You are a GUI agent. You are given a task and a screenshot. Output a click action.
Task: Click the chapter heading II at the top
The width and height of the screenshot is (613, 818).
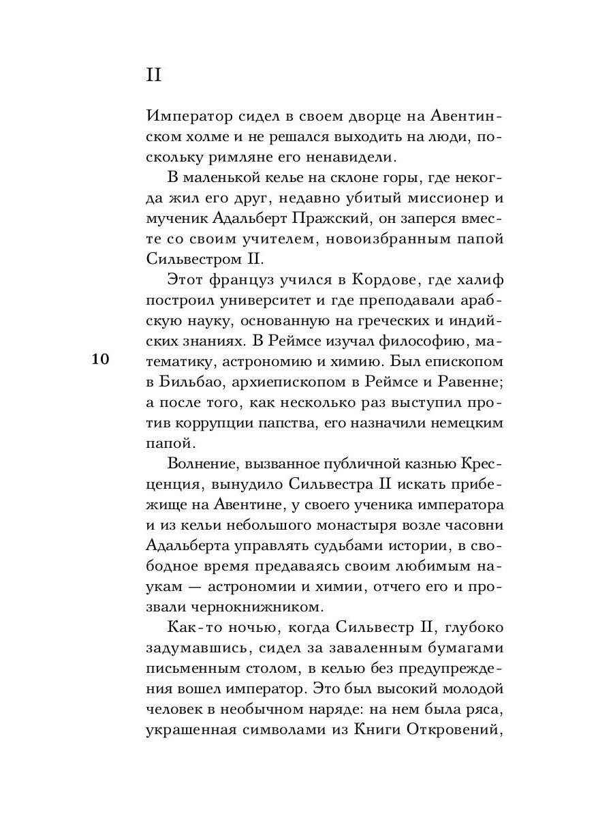pos(154,74)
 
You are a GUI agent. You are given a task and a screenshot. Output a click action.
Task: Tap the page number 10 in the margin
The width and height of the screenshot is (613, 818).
pos(100,360)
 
